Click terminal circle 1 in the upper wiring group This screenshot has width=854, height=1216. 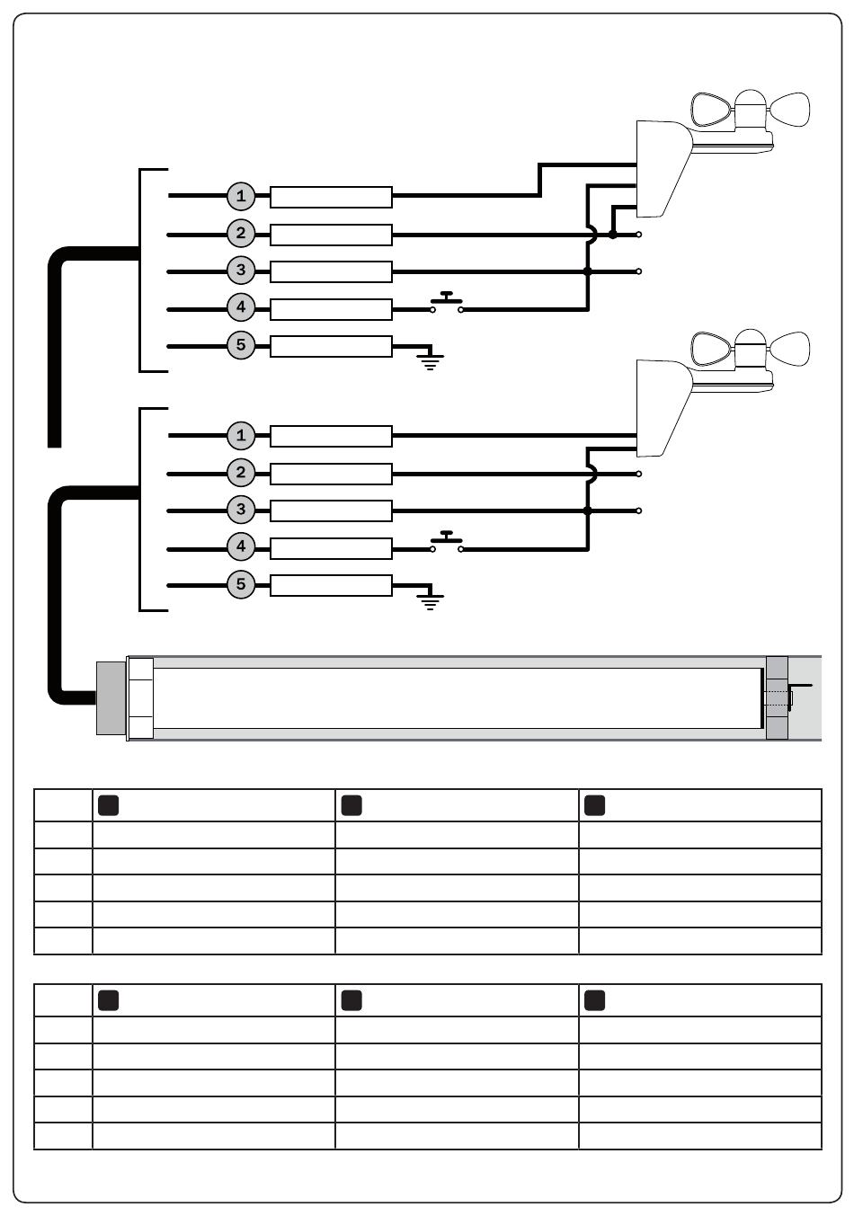241,196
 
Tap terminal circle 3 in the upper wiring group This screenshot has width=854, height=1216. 241,271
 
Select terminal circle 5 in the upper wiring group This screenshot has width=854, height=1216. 241,345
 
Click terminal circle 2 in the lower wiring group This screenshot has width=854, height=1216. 241,473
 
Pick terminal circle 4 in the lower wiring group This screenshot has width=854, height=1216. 241,546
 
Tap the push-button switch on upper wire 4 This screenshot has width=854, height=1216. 446,302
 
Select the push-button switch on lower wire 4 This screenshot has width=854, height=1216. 446,542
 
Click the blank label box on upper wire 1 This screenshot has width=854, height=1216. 331,197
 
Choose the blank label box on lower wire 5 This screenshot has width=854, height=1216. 331,586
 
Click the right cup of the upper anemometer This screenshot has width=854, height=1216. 790,109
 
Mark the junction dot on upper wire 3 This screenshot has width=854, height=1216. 587,271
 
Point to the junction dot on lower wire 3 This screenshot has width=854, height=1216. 587,510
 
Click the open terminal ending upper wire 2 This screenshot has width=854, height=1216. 639,235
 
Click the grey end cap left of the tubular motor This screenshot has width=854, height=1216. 111,698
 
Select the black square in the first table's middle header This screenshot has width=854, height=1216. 351,805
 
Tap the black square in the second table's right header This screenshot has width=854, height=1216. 594,1000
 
